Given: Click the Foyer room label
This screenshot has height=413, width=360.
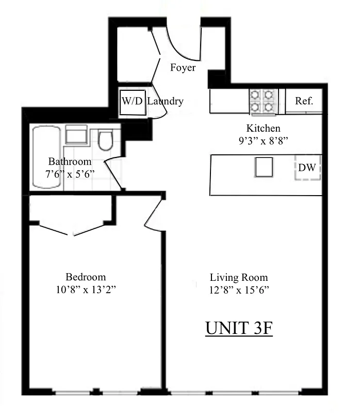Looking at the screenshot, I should [183, 68].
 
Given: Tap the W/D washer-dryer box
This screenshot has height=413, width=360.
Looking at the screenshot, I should [132, 101].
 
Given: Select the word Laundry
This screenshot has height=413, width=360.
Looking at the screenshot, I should [165, 101].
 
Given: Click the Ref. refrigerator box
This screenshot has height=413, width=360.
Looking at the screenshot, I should [304, 101].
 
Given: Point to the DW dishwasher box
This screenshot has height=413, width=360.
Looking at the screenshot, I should [308, 167].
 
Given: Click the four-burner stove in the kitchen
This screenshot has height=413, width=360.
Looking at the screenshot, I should [263, 101].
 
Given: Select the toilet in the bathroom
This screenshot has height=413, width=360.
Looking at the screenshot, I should [106, 140].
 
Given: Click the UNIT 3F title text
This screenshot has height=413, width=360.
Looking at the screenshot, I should [238, 328].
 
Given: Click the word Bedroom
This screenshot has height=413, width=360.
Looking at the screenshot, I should [86, 276].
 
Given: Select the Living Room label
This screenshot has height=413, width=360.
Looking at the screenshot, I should [239, 277].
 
